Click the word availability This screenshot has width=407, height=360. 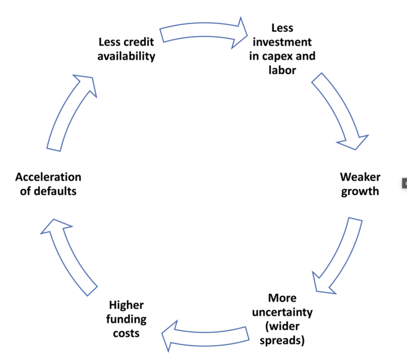[x=127, y=56]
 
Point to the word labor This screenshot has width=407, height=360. [x=282, y=70]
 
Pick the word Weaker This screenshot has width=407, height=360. [x=360, y=177]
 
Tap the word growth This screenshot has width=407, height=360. [x=360, y=191]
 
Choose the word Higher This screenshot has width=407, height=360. [x=126, y=305]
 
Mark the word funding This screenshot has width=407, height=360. [x=126, y=319]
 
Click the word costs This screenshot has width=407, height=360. [x=126, y=333]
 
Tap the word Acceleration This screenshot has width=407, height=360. [x=48, y=177]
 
